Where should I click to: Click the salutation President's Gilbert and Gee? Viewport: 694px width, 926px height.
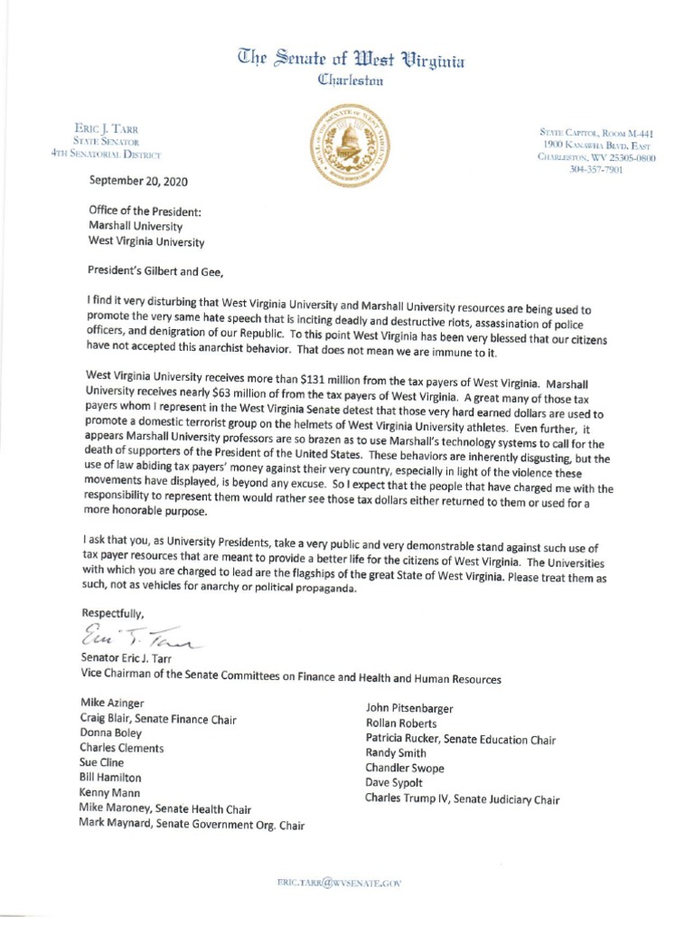(166, 269)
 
